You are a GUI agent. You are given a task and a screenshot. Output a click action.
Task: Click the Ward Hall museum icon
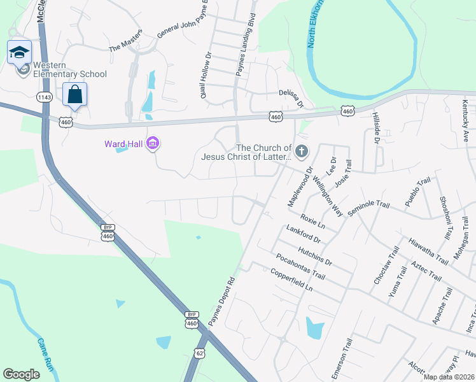[152, 144]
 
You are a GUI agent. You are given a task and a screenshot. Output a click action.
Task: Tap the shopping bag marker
[74, 95]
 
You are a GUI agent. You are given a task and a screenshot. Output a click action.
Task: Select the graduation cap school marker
[19, 52]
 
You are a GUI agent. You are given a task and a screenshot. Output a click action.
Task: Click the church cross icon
[301, 152]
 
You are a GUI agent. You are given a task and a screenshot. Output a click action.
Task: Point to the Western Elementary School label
[69, 69]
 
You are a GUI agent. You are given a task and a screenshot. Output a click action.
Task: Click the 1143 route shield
[45, 97]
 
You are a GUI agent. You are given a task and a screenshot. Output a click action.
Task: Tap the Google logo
[21, 374]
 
